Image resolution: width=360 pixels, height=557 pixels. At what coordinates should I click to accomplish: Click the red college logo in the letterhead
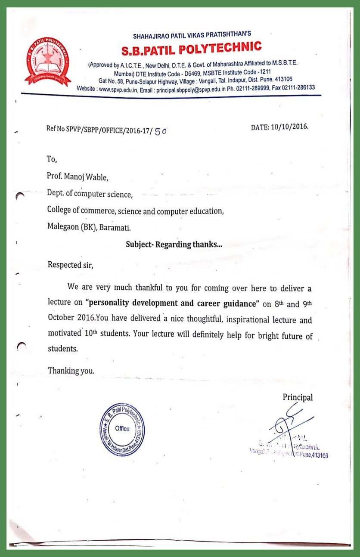(x=47, y=61)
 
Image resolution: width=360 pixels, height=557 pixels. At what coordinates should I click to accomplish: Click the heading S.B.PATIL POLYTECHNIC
(x=191, y=49)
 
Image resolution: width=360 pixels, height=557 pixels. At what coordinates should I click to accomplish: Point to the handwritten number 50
(x=160, y=131)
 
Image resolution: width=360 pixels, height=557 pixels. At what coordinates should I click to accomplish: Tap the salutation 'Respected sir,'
(x=70, y=264)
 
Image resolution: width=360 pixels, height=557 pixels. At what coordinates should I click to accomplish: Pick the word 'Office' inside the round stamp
(x=122, y=428)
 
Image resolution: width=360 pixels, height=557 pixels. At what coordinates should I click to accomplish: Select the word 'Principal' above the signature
(x=298, y=397)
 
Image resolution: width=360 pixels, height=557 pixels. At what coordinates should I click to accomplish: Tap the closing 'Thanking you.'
(x=71, y=371)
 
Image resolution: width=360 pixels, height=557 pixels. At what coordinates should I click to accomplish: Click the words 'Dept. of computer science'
(x=90, y=194)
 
